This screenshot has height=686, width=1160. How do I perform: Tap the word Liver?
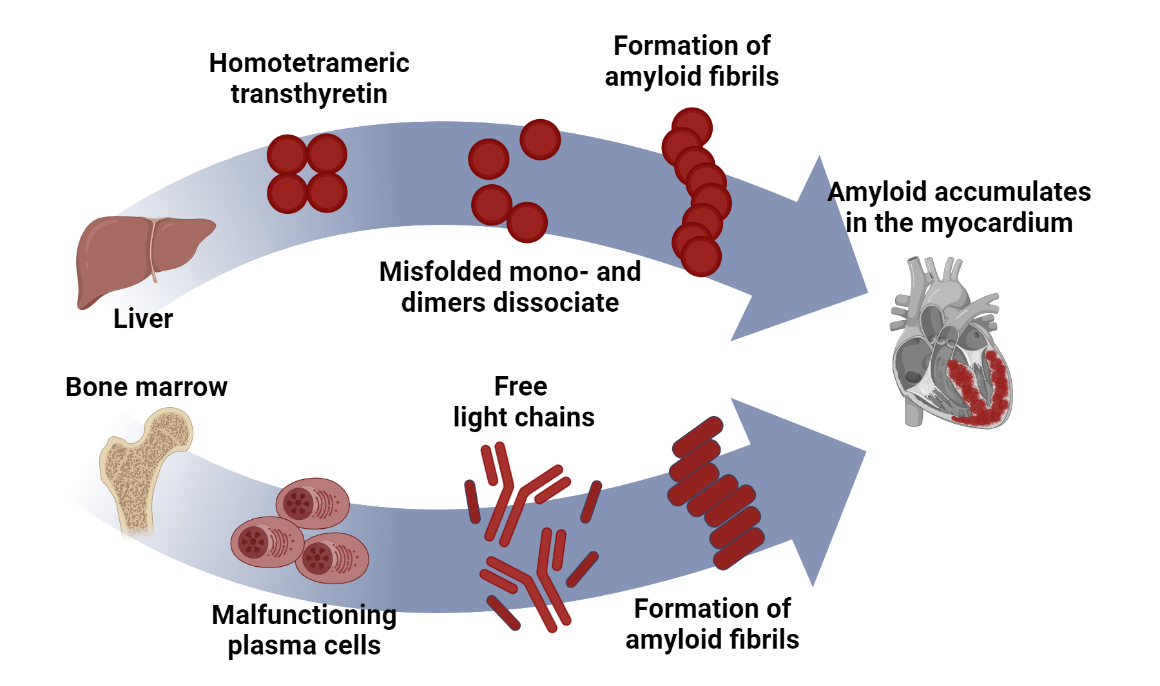pyautogui.click(x=143, y=319)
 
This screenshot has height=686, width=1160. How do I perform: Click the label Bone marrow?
pyautogui.click(x=146, y=387)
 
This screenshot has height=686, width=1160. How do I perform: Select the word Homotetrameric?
pyautogui.click(x=309, y=63)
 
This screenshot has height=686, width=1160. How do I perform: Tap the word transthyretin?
pyautogui.click(x=309, y=94)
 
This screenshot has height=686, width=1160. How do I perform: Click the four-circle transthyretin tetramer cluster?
pyautogui.click(x=307, y=174)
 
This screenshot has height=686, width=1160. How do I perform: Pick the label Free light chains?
pyautogui.click(x=523, y=402)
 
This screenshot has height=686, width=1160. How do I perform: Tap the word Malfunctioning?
pyautogui.click(x=304, y=615)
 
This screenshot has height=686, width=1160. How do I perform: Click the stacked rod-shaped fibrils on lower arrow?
pyautogui.click(x=715, y=493)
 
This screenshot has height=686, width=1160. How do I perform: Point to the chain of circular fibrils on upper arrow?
pyautogui.click(x=697, y=193)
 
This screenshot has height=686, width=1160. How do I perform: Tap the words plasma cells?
pyautogui.click(x=304, y=645)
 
